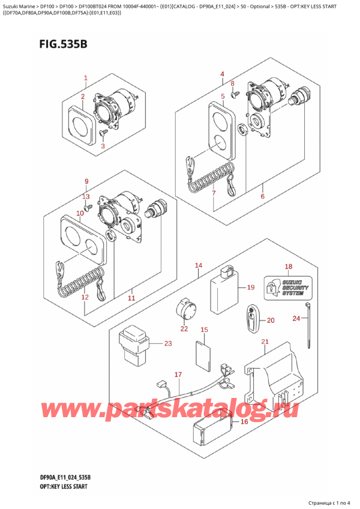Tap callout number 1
point(86,78)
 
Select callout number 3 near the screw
point(103,146)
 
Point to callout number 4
point(222,74)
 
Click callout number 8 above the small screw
point(233,84)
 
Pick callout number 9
point(86,182)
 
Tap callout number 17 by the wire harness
point(178,375)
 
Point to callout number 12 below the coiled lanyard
point(85,297)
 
